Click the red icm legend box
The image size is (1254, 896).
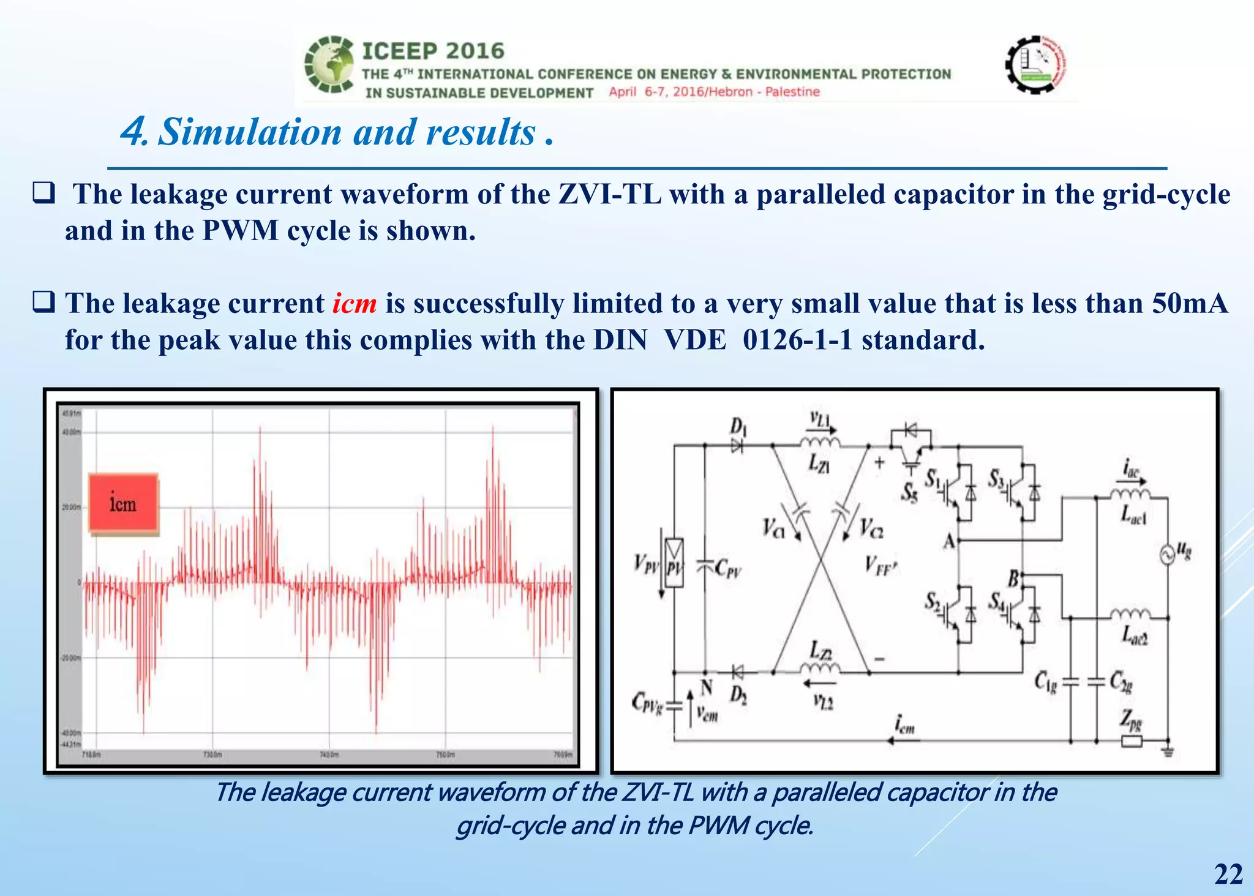coord(124,503)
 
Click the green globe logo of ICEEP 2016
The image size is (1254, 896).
coord(329,64)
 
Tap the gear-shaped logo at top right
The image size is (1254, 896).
coord(1035,64)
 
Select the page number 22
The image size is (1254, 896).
coord(1228,874)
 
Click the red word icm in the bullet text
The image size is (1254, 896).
coord(355,304)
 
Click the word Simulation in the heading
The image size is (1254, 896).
coord(250,132)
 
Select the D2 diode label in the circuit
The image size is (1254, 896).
coord(738,695)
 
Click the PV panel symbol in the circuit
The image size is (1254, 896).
coord(674,563)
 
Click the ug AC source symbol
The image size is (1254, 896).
coord(1167,555)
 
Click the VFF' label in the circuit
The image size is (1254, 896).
coord(880,565)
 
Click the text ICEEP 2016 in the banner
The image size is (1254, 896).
coord(433,51)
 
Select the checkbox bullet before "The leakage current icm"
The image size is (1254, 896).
coord(44,303)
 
